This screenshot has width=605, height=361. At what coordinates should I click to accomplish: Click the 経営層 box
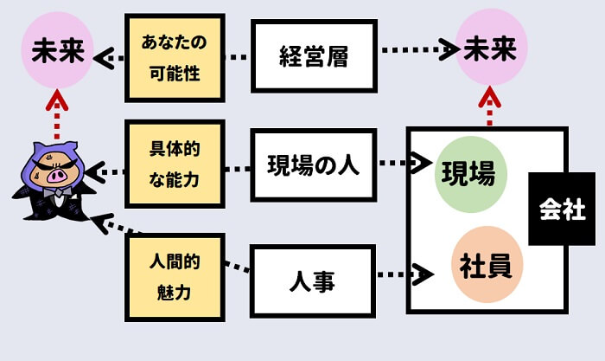(x=313, y=56)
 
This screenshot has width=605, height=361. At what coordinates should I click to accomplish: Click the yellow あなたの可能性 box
(x=175, y=56)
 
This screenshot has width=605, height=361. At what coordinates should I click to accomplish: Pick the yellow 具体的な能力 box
(x=175, y=164)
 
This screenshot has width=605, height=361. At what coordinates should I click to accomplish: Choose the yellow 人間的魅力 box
(x=175, y=276)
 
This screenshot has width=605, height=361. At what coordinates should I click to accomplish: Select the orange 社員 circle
(x=484, y=265)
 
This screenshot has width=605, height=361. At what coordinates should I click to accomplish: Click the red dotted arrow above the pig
(x=56, y=114)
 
